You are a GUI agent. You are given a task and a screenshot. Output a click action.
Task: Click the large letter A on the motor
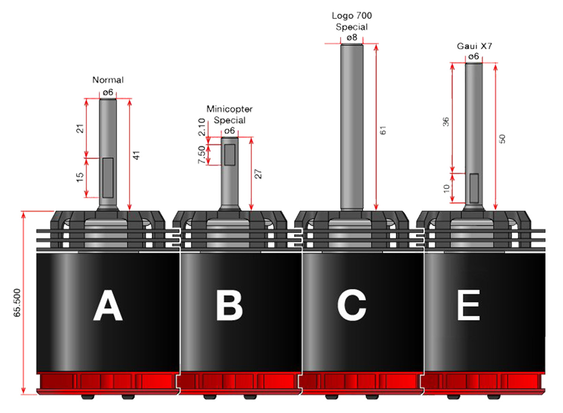click(x=108, y=305)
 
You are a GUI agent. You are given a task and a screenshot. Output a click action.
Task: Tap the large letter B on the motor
click(x=229, y=305)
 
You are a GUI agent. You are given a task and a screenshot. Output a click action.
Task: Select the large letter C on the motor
click(x=351, y=305)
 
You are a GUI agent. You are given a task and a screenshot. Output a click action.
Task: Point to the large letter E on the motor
click(x=469, y=305)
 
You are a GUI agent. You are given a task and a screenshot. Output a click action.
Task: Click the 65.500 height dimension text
click(x=17, y=303)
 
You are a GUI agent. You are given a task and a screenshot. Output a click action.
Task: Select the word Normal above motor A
click(x=108, y=80)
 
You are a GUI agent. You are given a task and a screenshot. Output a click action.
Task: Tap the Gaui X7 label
click(x=474, y=46)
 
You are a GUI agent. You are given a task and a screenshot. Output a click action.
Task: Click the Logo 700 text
click(x=351, y=16)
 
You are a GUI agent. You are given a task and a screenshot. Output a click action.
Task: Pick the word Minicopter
click(x=229, y=109)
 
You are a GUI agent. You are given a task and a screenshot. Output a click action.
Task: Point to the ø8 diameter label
click(x=352, y=38)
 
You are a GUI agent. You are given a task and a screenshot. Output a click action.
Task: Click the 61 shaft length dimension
click(x=383, y=130)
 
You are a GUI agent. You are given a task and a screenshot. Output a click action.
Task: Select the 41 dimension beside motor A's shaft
click(x=136, y=155)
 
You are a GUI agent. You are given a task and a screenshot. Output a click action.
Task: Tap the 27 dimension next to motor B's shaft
click(x=258, y=174)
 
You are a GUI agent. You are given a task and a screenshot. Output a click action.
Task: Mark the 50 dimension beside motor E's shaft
click(x=502, y=139)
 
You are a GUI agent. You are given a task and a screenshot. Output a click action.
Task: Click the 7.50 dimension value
click(x=202, y=155)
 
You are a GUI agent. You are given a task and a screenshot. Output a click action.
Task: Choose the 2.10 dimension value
click(x=202, y=127)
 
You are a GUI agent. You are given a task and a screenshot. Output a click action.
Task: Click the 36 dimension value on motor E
click(x=446, y=122)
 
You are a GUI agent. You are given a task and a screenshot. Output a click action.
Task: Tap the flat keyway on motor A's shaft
click(x=108, y=178)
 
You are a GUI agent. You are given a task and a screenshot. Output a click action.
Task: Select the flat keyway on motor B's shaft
click(x=229, y=155)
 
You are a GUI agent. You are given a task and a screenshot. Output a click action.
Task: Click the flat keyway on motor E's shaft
click(x=474, y=188)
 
